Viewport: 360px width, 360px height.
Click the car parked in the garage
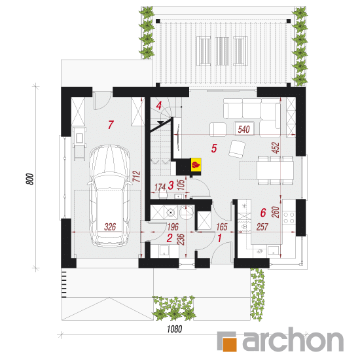pyautogui.click(x=110, y=196)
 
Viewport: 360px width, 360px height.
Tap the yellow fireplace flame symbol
pyautogui.click(x=196, y=164)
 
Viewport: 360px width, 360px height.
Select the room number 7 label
pyautogui.click(x=111, y=124)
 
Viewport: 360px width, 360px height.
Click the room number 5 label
pyautogui.click(x=214, y=148)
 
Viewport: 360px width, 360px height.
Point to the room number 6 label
pyautogui.click(x=263, y=213)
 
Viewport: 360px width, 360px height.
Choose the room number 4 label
pyautogui.click(x=158, y=106)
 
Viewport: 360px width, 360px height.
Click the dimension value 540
pyautogui.click(x=244, y=129)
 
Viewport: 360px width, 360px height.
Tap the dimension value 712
pyautogui.click(x=137, y=176)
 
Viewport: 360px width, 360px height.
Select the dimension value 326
pyautogui.click(x=110, y=227)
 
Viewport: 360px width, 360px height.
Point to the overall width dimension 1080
pyautogui.click(x=175, y=329)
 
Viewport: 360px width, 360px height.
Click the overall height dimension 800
pyautogui.click(x=30, y=179)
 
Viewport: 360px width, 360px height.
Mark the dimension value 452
pyautogui.click(x=276, y=148)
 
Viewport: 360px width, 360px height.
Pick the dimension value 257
pyautogui.click(x=262, y=227)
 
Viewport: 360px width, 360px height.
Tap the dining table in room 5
pyautogui.click(x=275, y=170)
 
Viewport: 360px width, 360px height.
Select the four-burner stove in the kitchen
pyautogui.click(x=289, y=218)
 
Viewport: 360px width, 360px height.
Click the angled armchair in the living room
pyautogui.click(x=237, y=149)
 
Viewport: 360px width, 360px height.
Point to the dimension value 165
pyautogui.click(x=222, y=227)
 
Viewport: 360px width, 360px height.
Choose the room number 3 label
pyautogui.click(x=171, y=185)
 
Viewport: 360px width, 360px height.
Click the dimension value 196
pyautogui.click(x=173, y=227)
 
